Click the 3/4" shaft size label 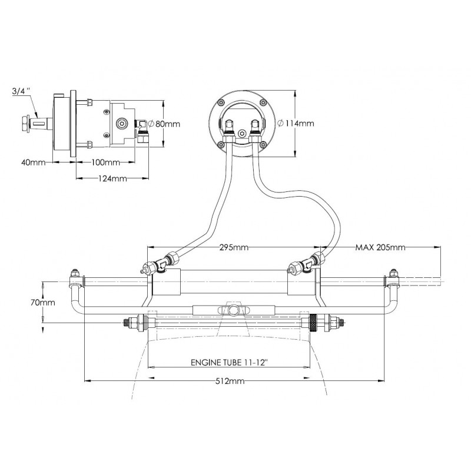pos(19,91)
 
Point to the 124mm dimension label pos(111,178)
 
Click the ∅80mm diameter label pos(164,124)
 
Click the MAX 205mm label pos(380,247)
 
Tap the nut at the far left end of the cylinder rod pos(75,274)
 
